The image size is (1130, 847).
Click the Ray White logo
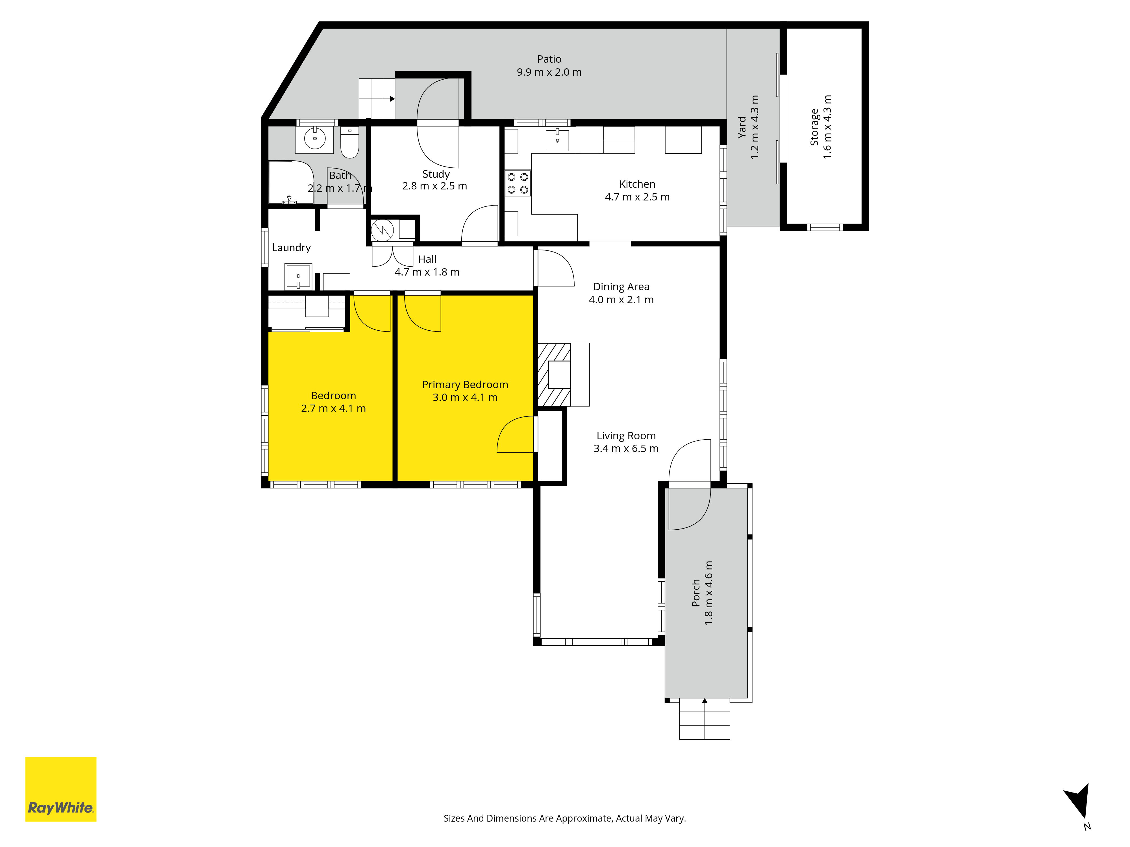coord(61,789)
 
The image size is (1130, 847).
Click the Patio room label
coord(549,59)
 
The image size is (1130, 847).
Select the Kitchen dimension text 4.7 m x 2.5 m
coord(637,197)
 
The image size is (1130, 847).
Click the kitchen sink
coord(557,139)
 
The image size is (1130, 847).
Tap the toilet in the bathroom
coord(350,143)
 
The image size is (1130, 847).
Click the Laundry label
coord(291,248)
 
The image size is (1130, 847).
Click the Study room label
coord(436,174)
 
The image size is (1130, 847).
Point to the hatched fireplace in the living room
coord(554,374)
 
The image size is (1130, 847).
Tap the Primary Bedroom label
coord(465,385)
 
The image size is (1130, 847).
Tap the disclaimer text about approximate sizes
coord(564,818)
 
